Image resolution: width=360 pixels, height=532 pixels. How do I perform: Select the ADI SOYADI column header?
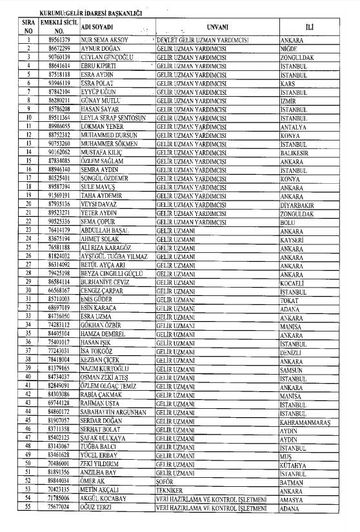coord(97,26)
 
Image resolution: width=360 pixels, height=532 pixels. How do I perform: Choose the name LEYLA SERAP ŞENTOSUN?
coord(113,118)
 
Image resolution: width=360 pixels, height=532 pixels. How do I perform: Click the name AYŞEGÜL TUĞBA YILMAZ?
coord(114,256)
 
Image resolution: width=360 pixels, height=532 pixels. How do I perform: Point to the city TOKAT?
coord(289,300)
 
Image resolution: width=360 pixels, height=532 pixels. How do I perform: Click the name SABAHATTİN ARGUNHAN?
coord(113,412)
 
